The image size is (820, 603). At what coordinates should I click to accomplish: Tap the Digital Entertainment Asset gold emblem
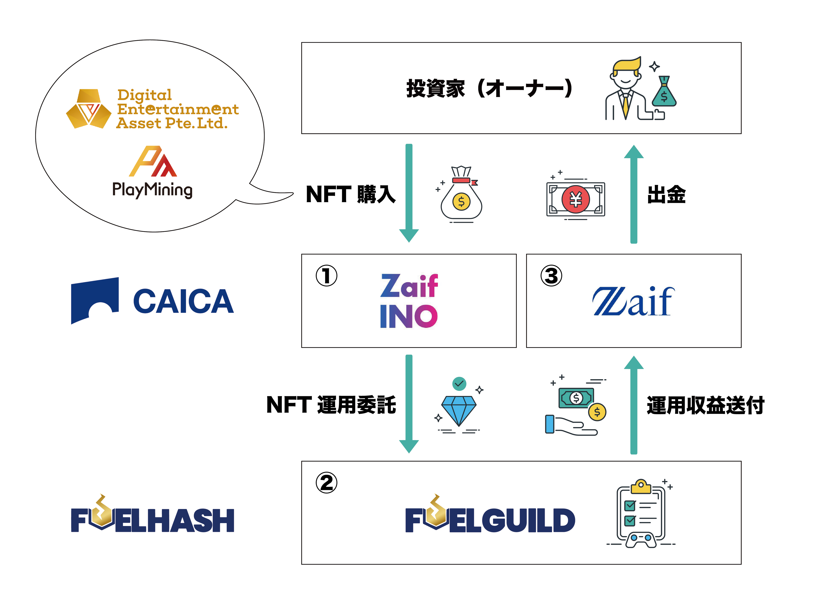coord(89,109)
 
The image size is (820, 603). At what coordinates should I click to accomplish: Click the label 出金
coord(666,195)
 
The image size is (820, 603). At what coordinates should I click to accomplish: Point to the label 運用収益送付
coord(705,405)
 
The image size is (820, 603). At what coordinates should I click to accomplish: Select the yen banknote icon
coord(575,199)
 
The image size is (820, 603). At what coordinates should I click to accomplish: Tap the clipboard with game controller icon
coord(641,514)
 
